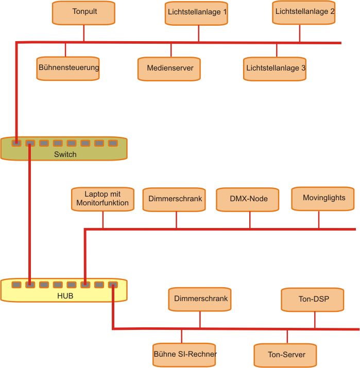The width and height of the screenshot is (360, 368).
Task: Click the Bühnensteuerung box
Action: pyautogui.click(x=68, y=67)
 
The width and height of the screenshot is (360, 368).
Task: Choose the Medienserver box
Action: pyautogui.click(x=169, y=68)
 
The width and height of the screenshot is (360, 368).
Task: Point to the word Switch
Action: pyautogui.click(x=65, y=154)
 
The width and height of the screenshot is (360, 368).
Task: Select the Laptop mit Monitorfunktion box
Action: pyautogui.click(x=102, y=199)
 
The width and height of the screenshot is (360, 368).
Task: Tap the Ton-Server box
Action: pyautogui.click(x=286, y=355)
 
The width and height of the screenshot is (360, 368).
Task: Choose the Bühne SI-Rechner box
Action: pyautogui.click(x=185, y=354)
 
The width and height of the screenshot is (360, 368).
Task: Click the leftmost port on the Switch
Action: pyautogui.click(x=17, y=143)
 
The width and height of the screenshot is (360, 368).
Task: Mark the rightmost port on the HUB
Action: pyautogui.click(x=113, y=284)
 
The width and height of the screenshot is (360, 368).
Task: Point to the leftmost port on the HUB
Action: pyautogui.click(x=17, y=284)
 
